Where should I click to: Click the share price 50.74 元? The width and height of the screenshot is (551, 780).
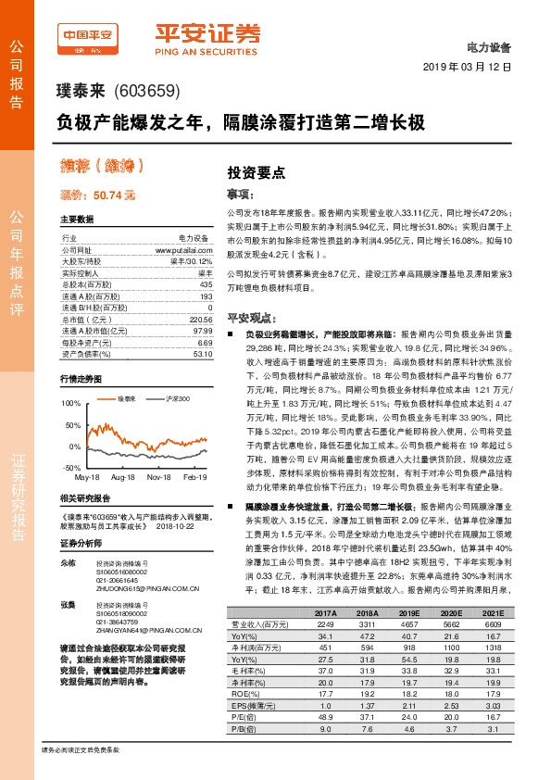97,195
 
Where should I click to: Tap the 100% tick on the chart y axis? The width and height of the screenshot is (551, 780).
69,405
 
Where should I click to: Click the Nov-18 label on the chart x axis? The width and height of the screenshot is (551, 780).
161,476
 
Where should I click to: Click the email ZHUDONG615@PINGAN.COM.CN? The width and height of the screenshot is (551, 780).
150,610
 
